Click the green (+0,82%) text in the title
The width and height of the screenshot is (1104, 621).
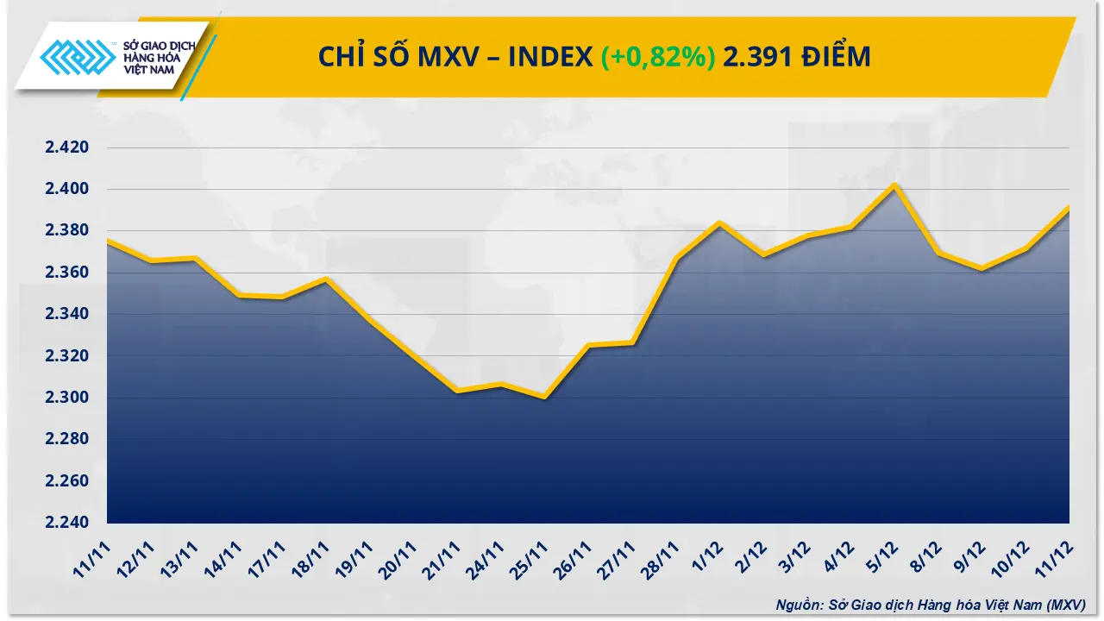pyautogui.click(x=658, y=57)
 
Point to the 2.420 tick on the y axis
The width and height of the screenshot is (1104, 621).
pyautogui.click(x=67, y=147)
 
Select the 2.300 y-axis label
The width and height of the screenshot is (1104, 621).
pyautogui.click(x=67, y=398)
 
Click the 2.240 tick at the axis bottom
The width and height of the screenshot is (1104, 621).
pyautogui.click(x=67, y=523)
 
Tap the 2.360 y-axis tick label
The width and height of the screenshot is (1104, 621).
pyautogui.click(x=67, y=273)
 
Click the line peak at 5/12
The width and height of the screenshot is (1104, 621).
pyautogui.click(x=896, y=185)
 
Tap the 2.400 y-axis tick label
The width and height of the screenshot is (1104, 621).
pyautogui.click(x=67, y=189)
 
